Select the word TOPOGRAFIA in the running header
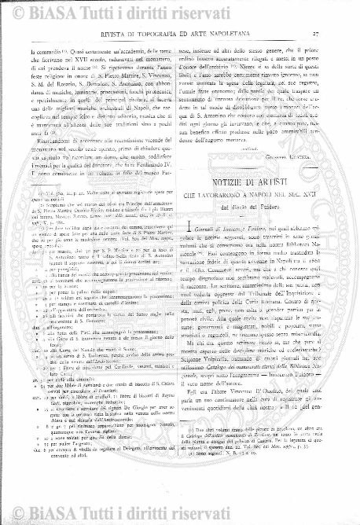(171, 32)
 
